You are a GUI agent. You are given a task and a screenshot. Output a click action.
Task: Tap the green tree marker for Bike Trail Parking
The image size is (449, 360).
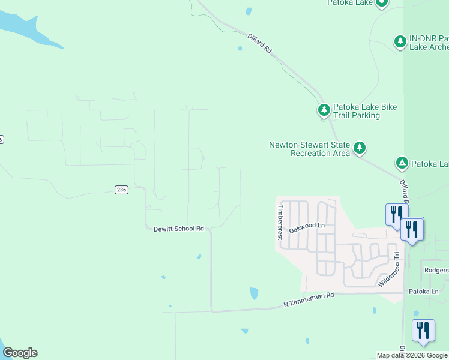[324, 110]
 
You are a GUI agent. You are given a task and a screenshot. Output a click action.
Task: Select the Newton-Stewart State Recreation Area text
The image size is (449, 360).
[309, 149]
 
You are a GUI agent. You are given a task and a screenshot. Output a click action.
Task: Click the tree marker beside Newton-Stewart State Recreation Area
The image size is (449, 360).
[360, 147]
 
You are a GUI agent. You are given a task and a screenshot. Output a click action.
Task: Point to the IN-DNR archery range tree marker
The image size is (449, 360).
[400, 41]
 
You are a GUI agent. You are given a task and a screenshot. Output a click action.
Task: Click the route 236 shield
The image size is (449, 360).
[121, 190]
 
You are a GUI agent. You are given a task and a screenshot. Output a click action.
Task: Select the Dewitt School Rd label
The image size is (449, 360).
[179, 229]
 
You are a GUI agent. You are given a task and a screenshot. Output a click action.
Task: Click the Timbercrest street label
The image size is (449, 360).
[280, 222]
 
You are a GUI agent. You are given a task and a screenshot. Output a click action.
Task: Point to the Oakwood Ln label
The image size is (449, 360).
[306, 227]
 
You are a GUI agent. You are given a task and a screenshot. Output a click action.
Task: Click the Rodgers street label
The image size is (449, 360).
[436, 270]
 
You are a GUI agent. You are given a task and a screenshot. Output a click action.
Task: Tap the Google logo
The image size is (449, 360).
[20, 353]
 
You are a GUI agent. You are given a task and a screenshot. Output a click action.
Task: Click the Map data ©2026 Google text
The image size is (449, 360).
[412, 356]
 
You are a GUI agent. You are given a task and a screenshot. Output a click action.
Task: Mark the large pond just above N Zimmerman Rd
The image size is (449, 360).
[253, 293]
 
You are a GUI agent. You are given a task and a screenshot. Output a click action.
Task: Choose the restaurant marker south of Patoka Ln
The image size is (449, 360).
[423, 331]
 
